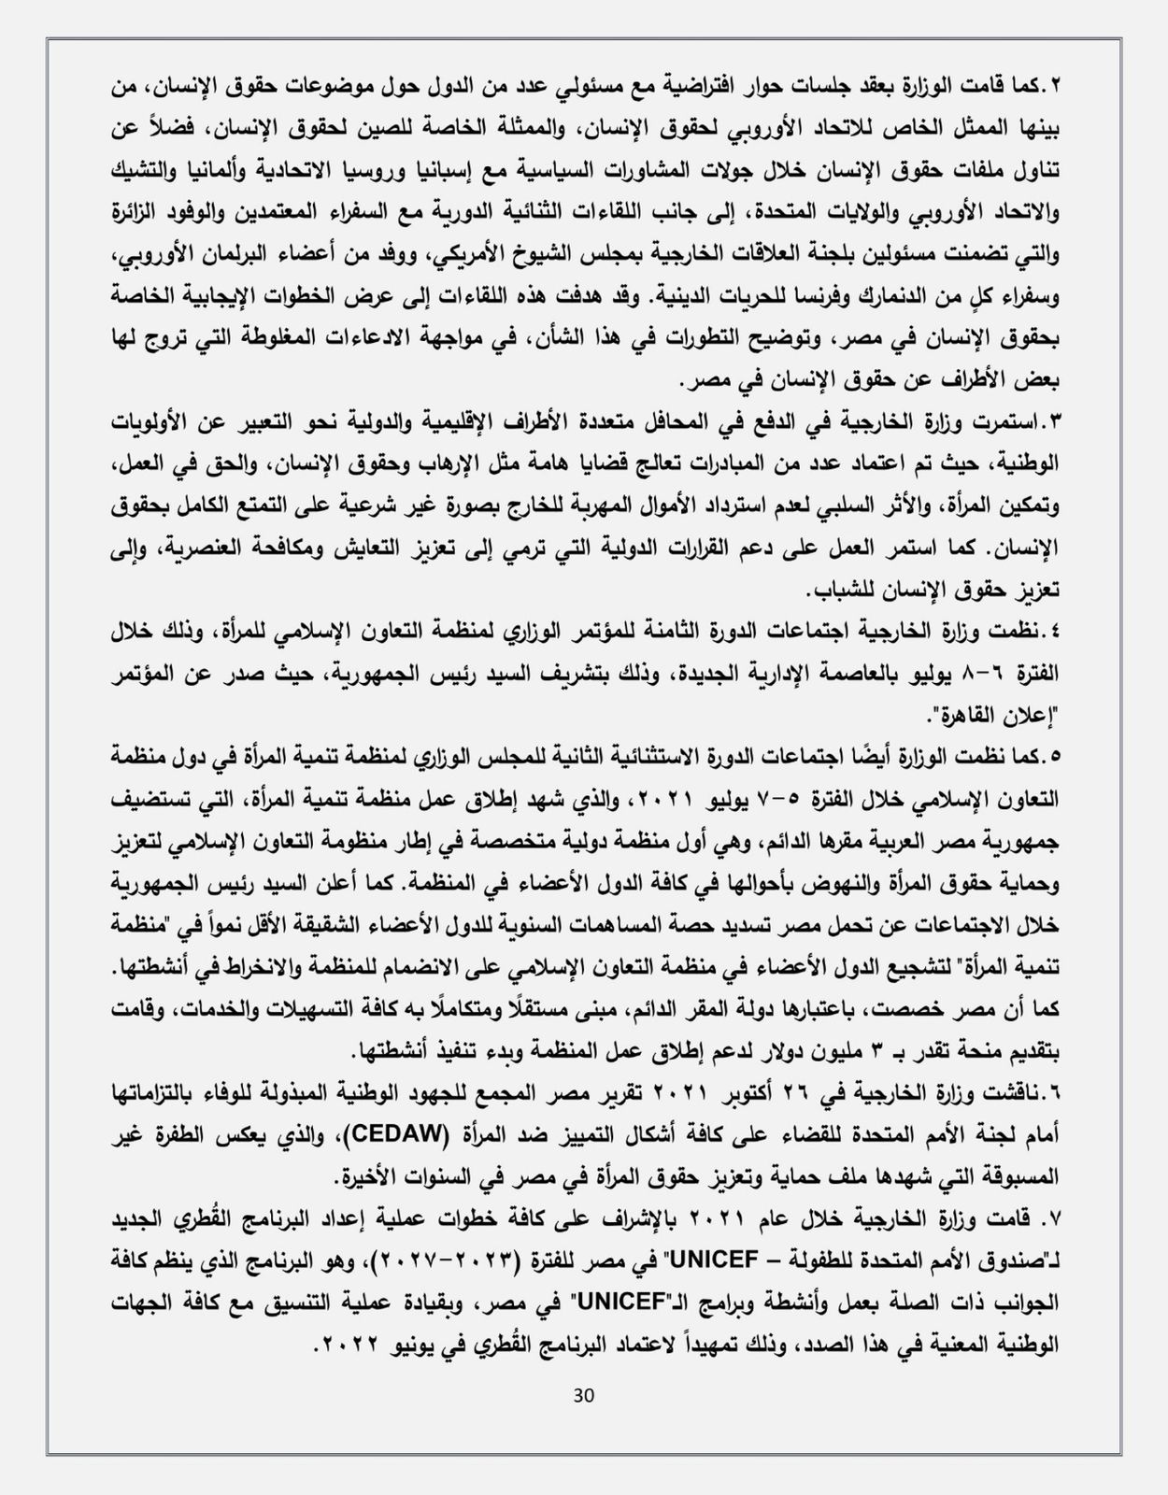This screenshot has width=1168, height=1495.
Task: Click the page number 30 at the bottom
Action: coord(583,1395)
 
